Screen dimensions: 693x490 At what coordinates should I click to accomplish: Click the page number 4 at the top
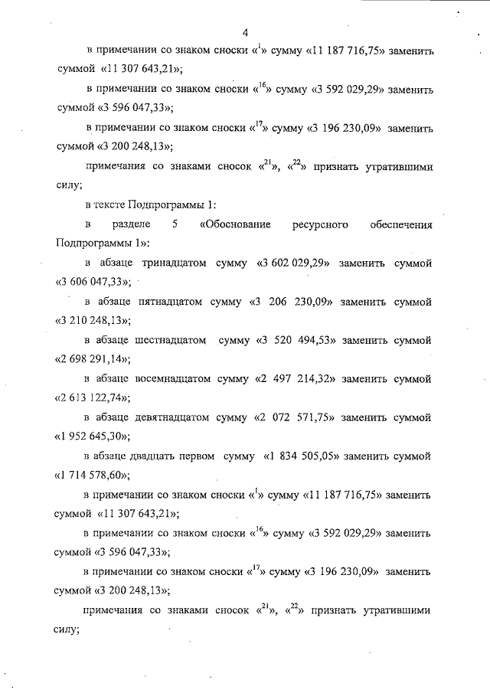tap(245, 32)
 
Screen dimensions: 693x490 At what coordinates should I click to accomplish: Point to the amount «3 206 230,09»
tap(295, 302)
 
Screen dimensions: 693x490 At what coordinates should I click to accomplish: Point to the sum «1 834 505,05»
tap(302, 457)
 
